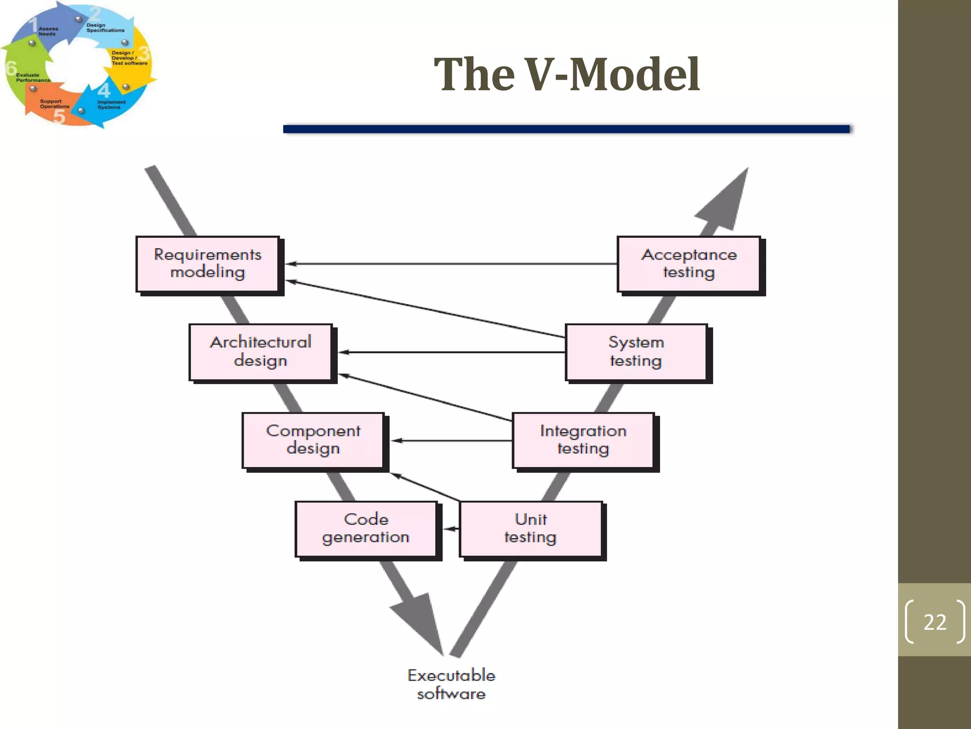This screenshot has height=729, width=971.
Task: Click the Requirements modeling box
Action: (x=208, y=264)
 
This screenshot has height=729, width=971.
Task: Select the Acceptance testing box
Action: (x=688, y=264)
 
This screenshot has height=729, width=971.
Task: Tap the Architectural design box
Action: (x=260, y=352)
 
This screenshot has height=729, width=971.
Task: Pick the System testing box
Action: (x=636, y=352)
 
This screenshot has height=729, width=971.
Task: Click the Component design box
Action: (x=313, y=440)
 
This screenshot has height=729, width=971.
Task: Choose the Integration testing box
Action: (x=583, y=440)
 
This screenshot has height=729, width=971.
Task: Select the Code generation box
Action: (x=366, y=528)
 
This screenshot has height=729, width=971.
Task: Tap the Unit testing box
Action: (x=531, y=528)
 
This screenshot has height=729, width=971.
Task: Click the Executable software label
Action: (x=451, y=684)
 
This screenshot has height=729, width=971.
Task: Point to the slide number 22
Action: (x=934, y=622)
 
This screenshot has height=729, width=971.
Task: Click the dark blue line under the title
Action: (x=566, y=129)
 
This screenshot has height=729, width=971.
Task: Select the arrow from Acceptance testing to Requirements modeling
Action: (x=450, y=263)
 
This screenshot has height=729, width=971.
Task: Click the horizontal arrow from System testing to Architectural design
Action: (x=450, y=352)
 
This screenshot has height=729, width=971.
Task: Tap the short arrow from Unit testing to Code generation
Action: (x=452, y=528)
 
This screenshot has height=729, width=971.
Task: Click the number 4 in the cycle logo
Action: (x=104, y=89)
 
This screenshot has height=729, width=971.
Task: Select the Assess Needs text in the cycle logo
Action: (x=48, y=31)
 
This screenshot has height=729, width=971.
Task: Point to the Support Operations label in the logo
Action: (x=54, y=104)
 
